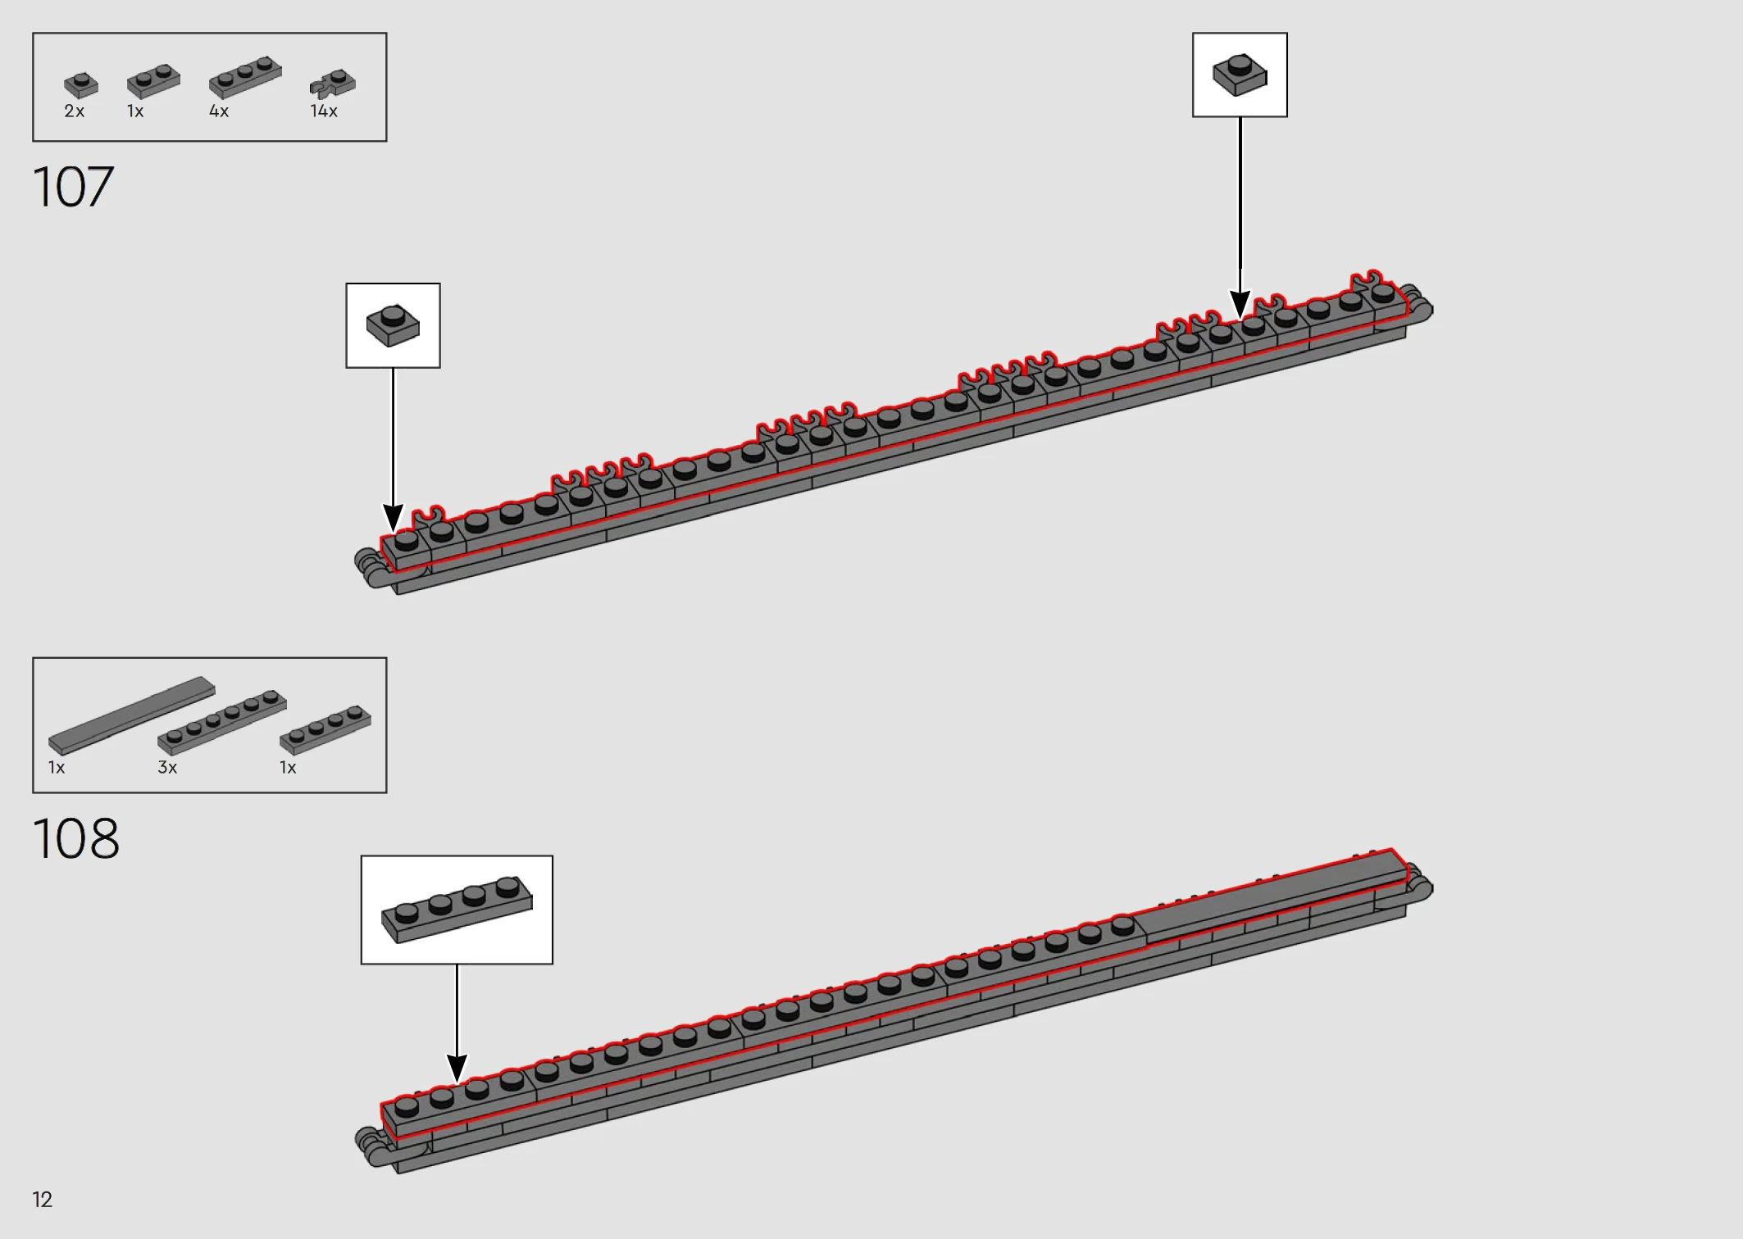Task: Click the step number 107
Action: pyautogui.click(x=73, y=187)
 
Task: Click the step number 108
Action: pyautogui.click(x=76, y=838)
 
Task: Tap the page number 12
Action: pyautogui.click(x=43, y=1200)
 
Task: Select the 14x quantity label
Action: pyautogui.click(x=324, y=111)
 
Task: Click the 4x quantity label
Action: pyautogui.click(x=219, y=111)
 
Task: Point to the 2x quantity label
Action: pyautogui.click(x=75, y=111)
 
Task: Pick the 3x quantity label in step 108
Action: pyautogui.click(x=167, y=768)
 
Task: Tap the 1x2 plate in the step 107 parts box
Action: pyautogui.click(x=153, y=80)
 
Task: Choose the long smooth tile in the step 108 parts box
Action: pyautogui.click(x=132, y=715)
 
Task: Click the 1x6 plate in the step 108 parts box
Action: pyautogui.click(x=222, y=722)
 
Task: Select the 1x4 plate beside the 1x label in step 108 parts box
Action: pyautogui.click(x=325, y=728)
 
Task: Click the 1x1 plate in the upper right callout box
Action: pyautogui.click(x=1240, y=75)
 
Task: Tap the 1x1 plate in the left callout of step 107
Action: pyautogui.click(x=393, y=325)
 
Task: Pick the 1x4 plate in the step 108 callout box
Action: pyautogui.click(x=457, y=910)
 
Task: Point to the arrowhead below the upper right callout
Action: pyautogui.click(x=1240, y=304)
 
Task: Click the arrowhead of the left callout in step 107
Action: pyautogui.click(x=393, y=519)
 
